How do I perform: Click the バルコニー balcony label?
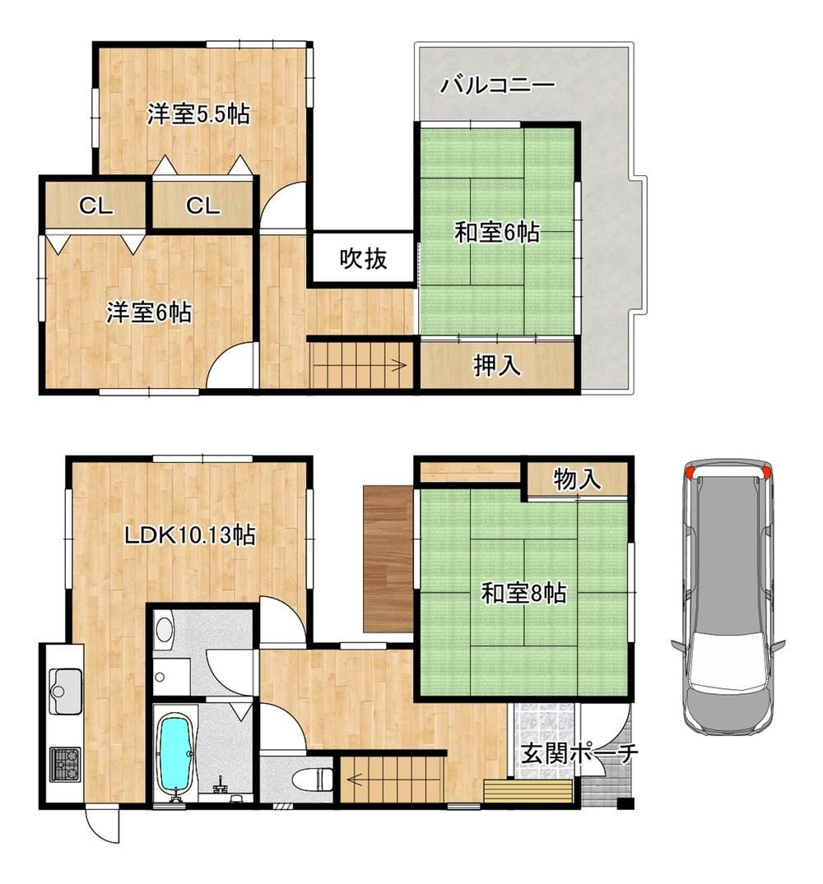(x=498, y=86)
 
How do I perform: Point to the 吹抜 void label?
(x=363, y=258)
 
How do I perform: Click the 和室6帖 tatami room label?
(x=497, y=232)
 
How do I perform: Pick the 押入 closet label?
(x=497, y=365)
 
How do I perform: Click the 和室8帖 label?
(x=523, y=593)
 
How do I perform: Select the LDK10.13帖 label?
(x=189, y=535)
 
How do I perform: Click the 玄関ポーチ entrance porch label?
(x=579, y=754)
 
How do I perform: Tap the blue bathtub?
(x=176, y=752)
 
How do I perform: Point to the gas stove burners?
(x=65, y=765)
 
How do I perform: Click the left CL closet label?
(x=96, y=206)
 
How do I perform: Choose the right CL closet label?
(x=202, y=206)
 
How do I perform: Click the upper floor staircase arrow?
(x=359, y=365)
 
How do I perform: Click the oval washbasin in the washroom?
(x=164, y=629)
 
